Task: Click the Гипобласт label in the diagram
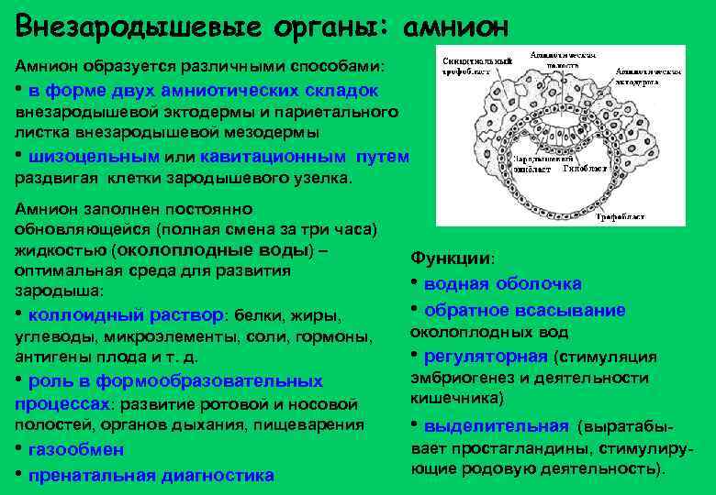[x=582, y=169]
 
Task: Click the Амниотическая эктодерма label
[x=648, y=75]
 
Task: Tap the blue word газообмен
[x=76, y=450]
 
